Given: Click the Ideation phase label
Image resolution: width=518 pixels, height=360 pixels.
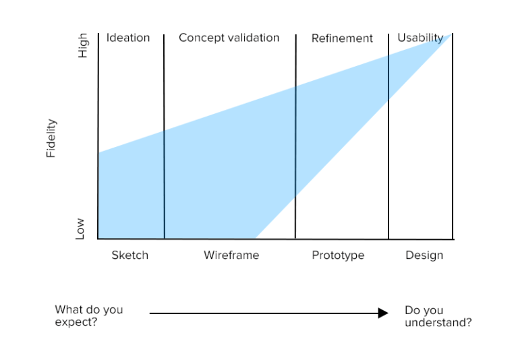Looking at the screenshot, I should (x=128, y=38).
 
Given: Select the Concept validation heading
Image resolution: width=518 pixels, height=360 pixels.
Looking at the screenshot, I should (x=229, y=38).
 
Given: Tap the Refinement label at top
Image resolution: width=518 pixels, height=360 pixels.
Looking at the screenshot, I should (x=342, y=38).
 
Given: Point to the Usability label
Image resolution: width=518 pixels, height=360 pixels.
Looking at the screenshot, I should (x=420, y=38).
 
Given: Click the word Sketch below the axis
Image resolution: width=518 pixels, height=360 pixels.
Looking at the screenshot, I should (x=129, y=256).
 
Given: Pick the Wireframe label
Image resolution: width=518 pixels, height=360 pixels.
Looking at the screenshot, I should (x=231, y=256).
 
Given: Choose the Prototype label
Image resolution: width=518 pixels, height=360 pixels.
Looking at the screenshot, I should (x=338, y=256).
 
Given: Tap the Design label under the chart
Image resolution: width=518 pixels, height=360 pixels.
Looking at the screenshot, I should (x=424, y=256).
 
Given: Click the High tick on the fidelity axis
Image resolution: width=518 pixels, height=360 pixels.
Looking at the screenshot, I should (x=83, y=46).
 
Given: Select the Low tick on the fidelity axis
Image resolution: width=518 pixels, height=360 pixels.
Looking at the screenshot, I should (x=80, y=229).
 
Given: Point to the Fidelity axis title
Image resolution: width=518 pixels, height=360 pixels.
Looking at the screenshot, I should (x=51, y=138).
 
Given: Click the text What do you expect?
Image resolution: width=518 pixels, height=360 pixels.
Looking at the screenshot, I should (x=89, y=316).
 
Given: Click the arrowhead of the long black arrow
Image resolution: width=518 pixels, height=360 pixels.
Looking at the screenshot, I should (x=383, y=313).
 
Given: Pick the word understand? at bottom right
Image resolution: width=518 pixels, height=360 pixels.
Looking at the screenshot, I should (x=438, y=323).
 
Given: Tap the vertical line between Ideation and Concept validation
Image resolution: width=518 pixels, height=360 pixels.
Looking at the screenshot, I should (x=164, y=135).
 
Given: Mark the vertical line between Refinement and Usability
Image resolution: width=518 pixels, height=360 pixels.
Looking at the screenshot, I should (x=388, y=135).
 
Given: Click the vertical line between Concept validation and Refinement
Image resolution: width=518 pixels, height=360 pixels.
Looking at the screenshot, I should (x=295, y=135).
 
